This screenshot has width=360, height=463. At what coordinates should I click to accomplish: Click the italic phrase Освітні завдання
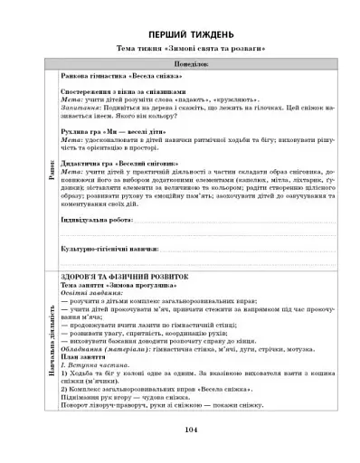90,293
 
